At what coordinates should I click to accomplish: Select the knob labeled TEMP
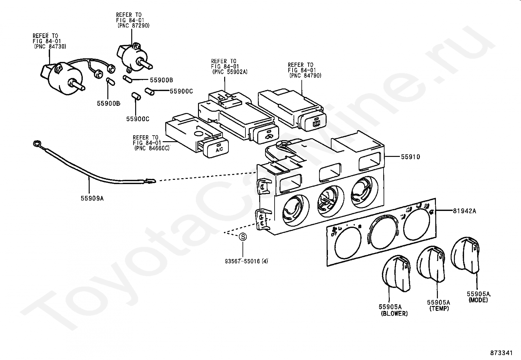pyautogui.click(x=432, y=264)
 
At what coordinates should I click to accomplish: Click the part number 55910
pyautogui.click(x=410, y=157)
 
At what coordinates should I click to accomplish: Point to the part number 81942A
pyautogui.click(x=464, y=211)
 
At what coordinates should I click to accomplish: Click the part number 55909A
pyautogui.click(x=92, y=198)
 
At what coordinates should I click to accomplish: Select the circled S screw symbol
pyautogui.click(x=243, y=237)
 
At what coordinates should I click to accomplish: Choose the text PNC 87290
pyautogui.click(x=134, y=26)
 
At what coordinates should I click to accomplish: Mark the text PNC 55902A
pyautogui.click(x=229, y=71)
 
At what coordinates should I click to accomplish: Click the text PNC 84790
pyautogui.click(x=305, y=75)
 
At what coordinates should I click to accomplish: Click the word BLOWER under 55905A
pyautogui.click(x=394, y=313)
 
